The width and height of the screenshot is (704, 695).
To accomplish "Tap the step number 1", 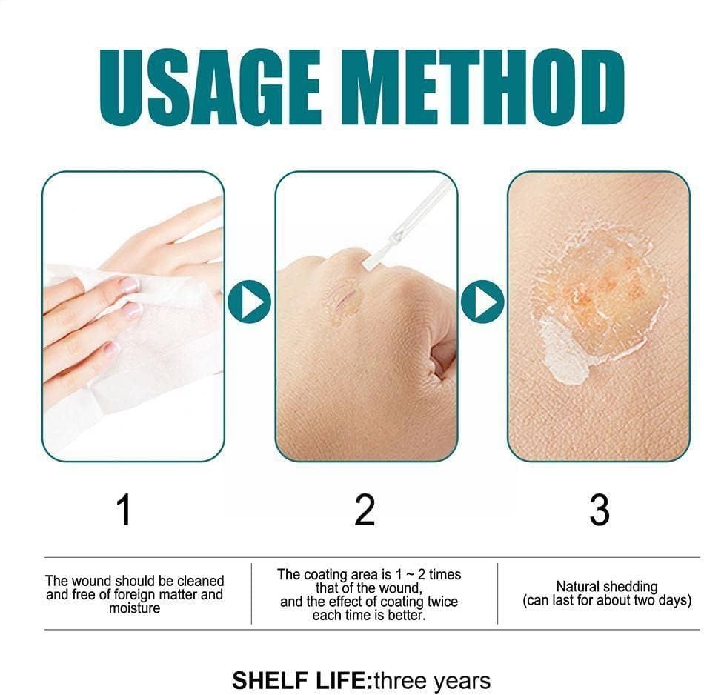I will (x=124, y=511).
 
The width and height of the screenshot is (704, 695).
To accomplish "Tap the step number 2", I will (x=365, y=511).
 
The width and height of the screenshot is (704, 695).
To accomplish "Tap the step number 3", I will (x=599, y=511).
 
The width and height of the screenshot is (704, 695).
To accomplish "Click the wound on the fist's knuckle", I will (x=343, y=298).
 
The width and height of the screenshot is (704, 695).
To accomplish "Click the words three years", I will (x=434, y=680).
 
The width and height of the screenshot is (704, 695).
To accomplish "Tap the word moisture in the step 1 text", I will (x=134, y=608).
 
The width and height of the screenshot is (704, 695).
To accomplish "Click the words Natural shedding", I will (x=606, y=586).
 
